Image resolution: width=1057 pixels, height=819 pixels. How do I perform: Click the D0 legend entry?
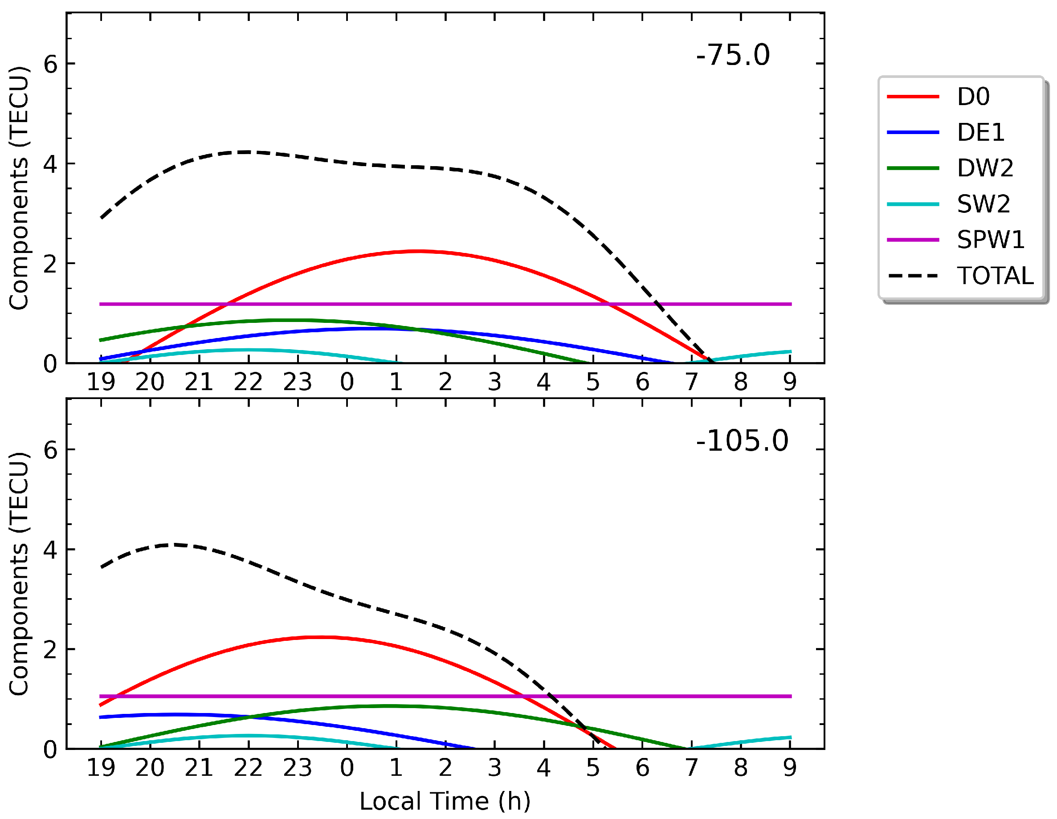(973, 97)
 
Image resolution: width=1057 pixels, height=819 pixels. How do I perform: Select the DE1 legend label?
(980, 133)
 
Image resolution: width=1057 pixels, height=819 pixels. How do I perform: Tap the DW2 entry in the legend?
(985, 168)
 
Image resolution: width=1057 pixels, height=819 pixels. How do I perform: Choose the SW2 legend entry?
(984, 204)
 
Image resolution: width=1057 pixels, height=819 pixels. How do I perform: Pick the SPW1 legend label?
(991, 240)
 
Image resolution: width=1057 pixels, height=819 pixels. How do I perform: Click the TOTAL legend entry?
(995, 276)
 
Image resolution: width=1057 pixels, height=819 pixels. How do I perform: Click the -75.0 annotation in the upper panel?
(732, 55)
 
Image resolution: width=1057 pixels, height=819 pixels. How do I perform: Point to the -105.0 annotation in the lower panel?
(742, 441)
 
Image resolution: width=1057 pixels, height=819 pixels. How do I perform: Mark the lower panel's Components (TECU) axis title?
(19, 574)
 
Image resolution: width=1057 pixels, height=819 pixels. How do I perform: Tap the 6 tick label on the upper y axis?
(50, 64)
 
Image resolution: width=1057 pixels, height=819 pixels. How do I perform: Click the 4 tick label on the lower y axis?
(50, 550)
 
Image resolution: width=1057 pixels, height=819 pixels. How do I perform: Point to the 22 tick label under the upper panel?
(248, 382)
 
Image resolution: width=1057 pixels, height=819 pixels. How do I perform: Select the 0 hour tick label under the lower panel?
(347, 768)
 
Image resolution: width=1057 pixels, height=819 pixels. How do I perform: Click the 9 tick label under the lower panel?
(790, 768)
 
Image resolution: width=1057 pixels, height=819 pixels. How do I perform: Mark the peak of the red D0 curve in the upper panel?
(419, 252)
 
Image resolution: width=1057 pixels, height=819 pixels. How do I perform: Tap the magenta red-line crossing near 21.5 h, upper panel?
(227, 304)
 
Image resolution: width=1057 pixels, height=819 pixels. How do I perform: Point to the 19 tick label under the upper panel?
(101, 382)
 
